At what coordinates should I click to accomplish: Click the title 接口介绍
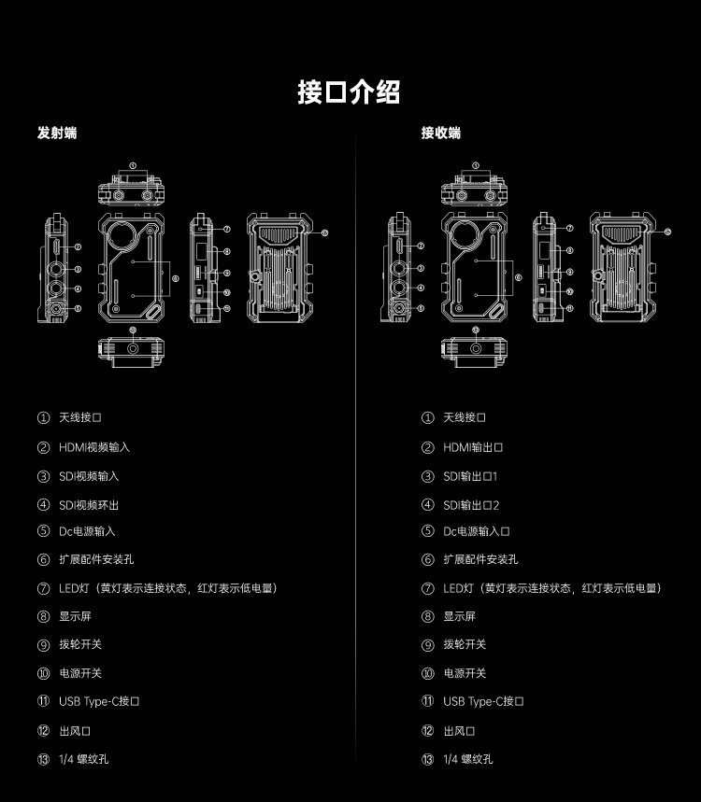click(350, 92)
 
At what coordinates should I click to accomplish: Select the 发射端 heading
click(57, 134)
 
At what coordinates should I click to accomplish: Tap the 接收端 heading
click(440, 134)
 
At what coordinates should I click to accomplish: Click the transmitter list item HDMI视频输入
click(94, 447)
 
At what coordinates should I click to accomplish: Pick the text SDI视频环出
click(89, 505)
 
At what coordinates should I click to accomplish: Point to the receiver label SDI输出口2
click(472, 505)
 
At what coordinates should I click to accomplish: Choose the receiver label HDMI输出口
click(474, 447)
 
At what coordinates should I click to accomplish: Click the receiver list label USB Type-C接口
click(483, 701)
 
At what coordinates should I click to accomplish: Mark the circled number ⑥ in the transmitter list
click(43, 559)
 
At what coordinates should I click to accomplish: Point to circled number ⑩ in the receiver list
click(427, 673)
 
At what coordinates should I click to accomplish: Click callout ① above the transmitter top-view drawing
click(133, 165)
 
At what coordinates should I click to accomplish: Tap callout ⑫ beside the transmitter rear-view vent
click(324, 232)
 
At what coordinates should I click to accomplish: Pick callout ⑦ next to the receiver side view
click(569, 229)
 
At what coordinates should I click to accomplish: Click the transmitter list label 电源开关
click(80, 673)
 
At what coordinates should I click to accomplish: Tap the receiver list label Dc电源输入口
click(477, 531)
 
